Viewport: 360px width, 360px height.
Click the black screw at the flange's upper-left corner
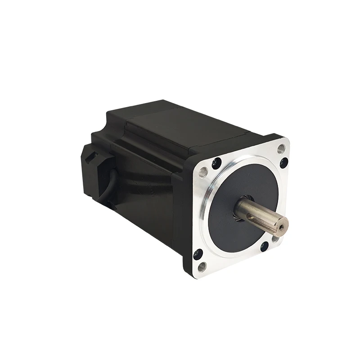[216, 161]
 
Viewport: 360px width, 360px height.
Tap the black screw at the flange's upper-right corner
[283, 162]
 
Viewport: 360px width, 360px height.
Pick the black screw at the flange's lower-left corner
[198, 254]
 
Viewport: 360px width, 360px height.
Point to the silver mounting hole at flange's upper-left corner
[203, 171]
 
